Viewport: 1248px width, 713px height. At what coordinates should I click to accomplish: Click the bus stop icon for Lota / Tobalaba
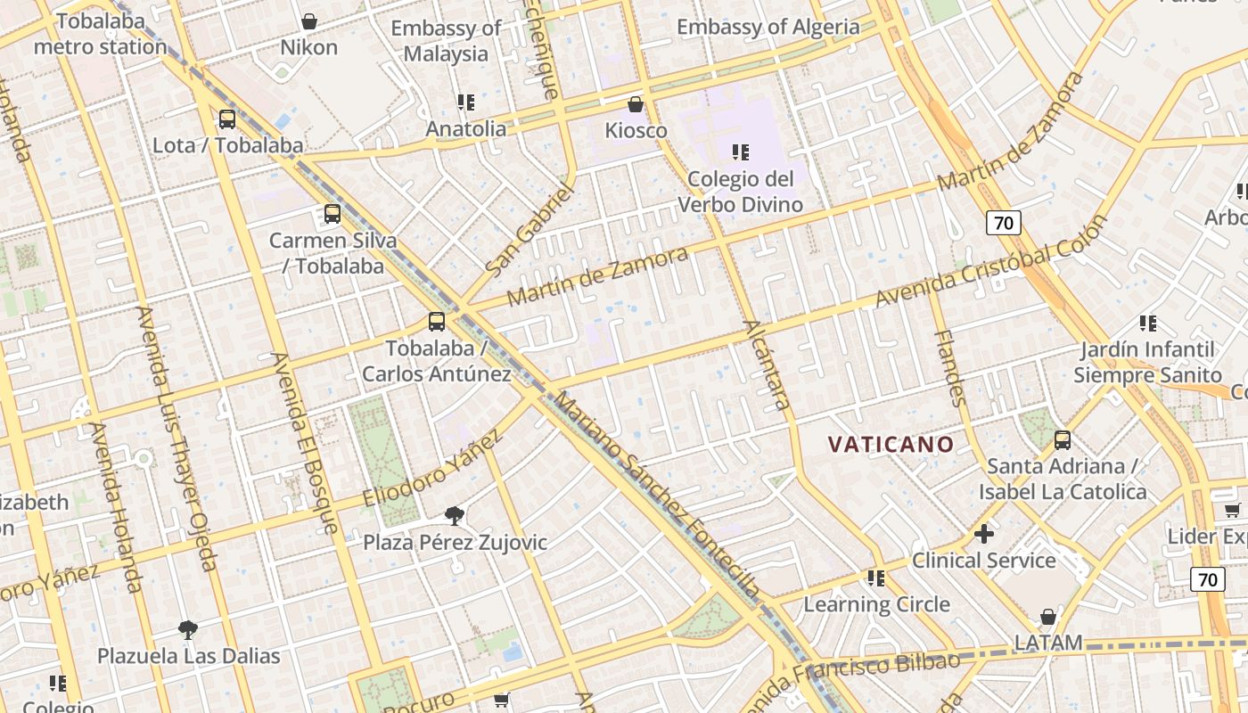tap(227, 119)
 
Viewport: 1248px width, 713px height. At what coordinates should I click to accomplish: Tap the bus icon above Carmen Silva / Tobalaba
tap(333, 214)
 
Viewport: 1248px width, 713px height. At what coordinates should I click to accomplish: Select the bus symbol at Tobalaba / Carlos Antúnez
tap(437, 322)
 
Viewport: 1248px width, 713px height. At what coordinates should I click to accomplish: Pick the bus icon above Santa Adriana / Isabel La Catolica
tap(1063, 439)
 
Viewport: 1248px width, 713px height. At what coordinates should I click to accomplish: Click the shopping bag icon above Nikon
tap(309, 20)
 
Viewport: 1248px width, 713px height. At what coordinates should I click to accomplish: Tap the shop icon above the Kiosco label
tap(636, 104)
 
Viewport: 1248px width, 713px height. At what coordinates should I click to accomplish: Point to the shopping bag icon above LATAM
tap(1048, 617)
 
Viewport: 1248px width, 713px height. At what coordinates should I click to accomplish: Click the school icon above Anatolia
tap(465, 102)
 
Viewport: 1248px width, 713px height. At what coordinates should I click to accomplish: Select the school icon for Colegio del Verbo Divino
tap(740, 152)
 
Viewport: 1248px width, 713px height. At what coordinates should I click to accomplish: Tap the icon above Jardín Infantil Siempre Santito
tap(1148, 323)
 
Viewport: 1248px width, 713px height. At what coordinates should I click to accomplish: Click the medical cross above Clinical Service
tap(984, 534)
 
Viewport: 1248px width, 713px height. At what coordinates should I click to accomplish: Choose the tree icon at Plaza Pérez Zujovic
tap(455, 515)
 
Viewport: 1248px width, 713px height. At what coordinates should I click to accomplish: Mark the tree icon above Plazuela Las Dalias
tap(188, 630)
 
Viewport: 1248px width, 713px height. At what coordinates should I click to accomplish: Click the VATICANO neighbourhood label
tap(891, 444)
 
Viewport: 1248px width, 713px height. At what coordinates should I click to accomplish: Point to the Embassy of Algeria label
tap(768, 27)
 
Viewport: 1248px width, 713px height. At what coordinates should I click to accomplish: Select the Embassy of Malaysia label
tap(446, 41)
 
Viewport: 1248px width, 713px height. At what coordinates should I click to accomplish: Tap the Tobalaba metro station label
tap(100, 34)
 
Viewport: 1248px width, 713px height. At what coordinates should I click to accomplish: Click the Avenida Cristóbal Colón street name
tap(989, 261)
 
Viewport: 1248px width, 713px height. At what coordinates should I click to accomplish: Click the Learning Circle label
tap(876, 604)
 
